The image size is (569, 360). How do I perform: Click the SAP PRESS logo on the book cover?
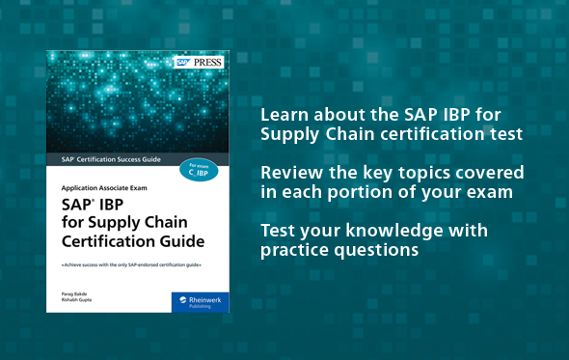pos(199,63)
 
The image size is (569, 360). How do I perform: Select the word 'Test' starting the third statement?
pos(277,231)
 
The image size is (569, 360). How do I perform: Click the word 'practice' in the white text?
pos(293,250)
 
